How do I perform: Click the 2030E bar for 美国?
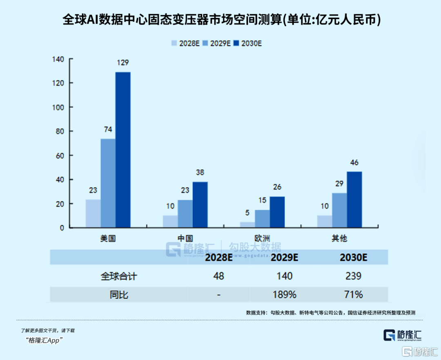click(x=123, y=150)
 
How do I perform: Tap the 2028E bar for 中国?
click(x=170, y=221)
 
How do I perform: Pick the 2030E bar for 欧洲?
click(x=277, y=212)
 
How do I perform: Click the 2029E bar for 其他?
click(x=339, y=210)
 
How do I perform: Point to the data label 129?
click(x=122, y=63)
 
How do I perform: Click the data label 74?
click(x=108, y=129)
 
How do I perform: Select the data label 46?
click(x=354, y=162)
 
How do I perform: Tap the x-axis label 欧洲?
click(x=262, y=238)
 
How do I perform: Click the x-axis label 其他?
click(x=339, y=238)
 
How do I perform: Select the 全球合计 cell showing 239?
click(x=353, y=276)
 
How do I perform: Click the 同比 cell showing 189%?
click(x=285, y=294)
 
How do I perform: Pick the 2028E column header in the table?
click(x=218, y=258)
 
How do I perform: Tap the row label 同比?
click(x=119, y=294)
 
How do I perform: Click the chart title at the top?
click(x=220, y=20)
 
